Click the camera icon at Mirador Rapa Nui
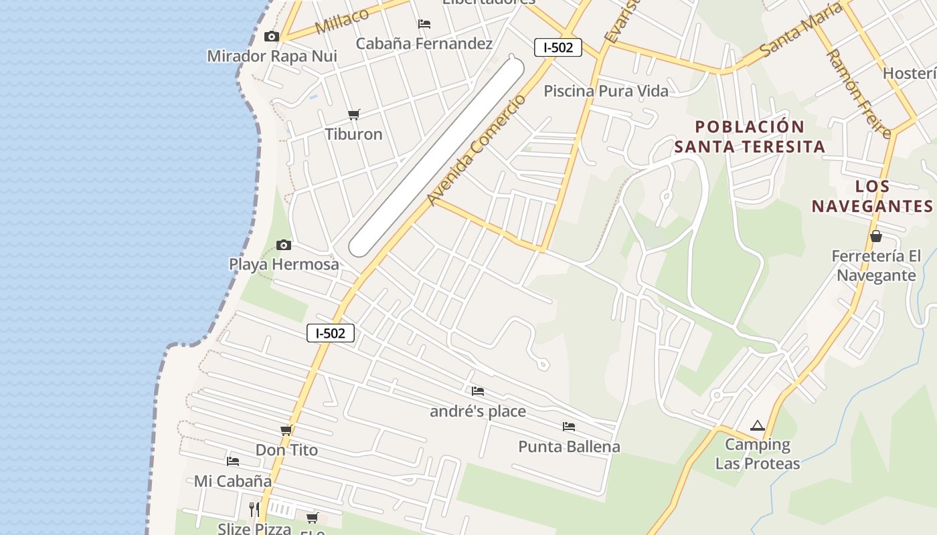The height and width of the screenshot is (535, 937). pyautogui.click(x=271, y=36)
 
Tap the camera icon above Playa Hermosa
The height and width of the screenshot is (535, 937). pyautogui.click(x=284, y=245)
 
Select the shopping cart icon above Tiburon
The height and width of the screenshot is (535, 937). pyautogui.click(x=354, y=115)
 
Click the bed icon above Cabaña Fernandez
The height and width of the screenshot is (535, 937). pyautogui.click(x=424, y=24)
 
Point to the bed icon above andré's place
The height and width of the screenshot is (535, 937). pyautogui.click(x=478, y=391)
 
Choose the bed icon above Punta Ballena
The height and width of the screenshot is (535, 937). pyautogui.click(x=569, y=426)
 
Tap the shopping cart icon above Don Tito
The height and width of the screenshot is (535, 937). pyautogui.click(x=286, y=431)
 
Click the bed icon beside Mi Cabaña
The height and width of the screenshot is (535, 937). pyautogui.click(x=233, y=461)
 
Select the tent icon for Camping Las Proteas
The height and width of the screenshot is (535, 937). pyautogui.click(x=757, y=425)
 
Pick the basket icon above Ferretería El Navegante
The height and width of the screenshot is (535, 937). pyautogui.click(x=875, y=236)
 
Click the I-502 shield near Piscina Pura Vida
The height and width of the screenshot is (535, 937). pyautogui.click(x=558, y=47)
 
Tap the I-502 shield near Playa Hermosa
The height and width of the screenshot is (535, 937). pyautogui.click(x=331, y=333)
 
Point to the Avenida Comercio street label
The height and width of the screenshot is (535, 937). pyautogui.click(x=477, y=151)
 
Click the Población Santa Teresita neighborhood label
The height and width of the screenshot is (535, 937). pyautogui.click(x=750, y=136)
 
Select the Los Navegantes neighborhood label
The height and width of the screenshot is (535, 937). pyautogui.click(x=872, y=196)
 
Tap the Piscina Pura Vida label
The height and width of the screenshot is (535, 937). pyautogui.click(x=606, y=91)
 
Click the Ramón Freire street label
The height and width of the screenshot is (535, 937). pyautogui.click(x=859, y=94)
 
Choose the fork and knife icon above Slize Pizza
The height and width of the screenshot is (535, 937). pyautogui.click(x=254, y=510)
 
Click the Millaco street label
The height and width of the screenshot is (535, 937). pyautogui.click(x=341, y=21)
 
